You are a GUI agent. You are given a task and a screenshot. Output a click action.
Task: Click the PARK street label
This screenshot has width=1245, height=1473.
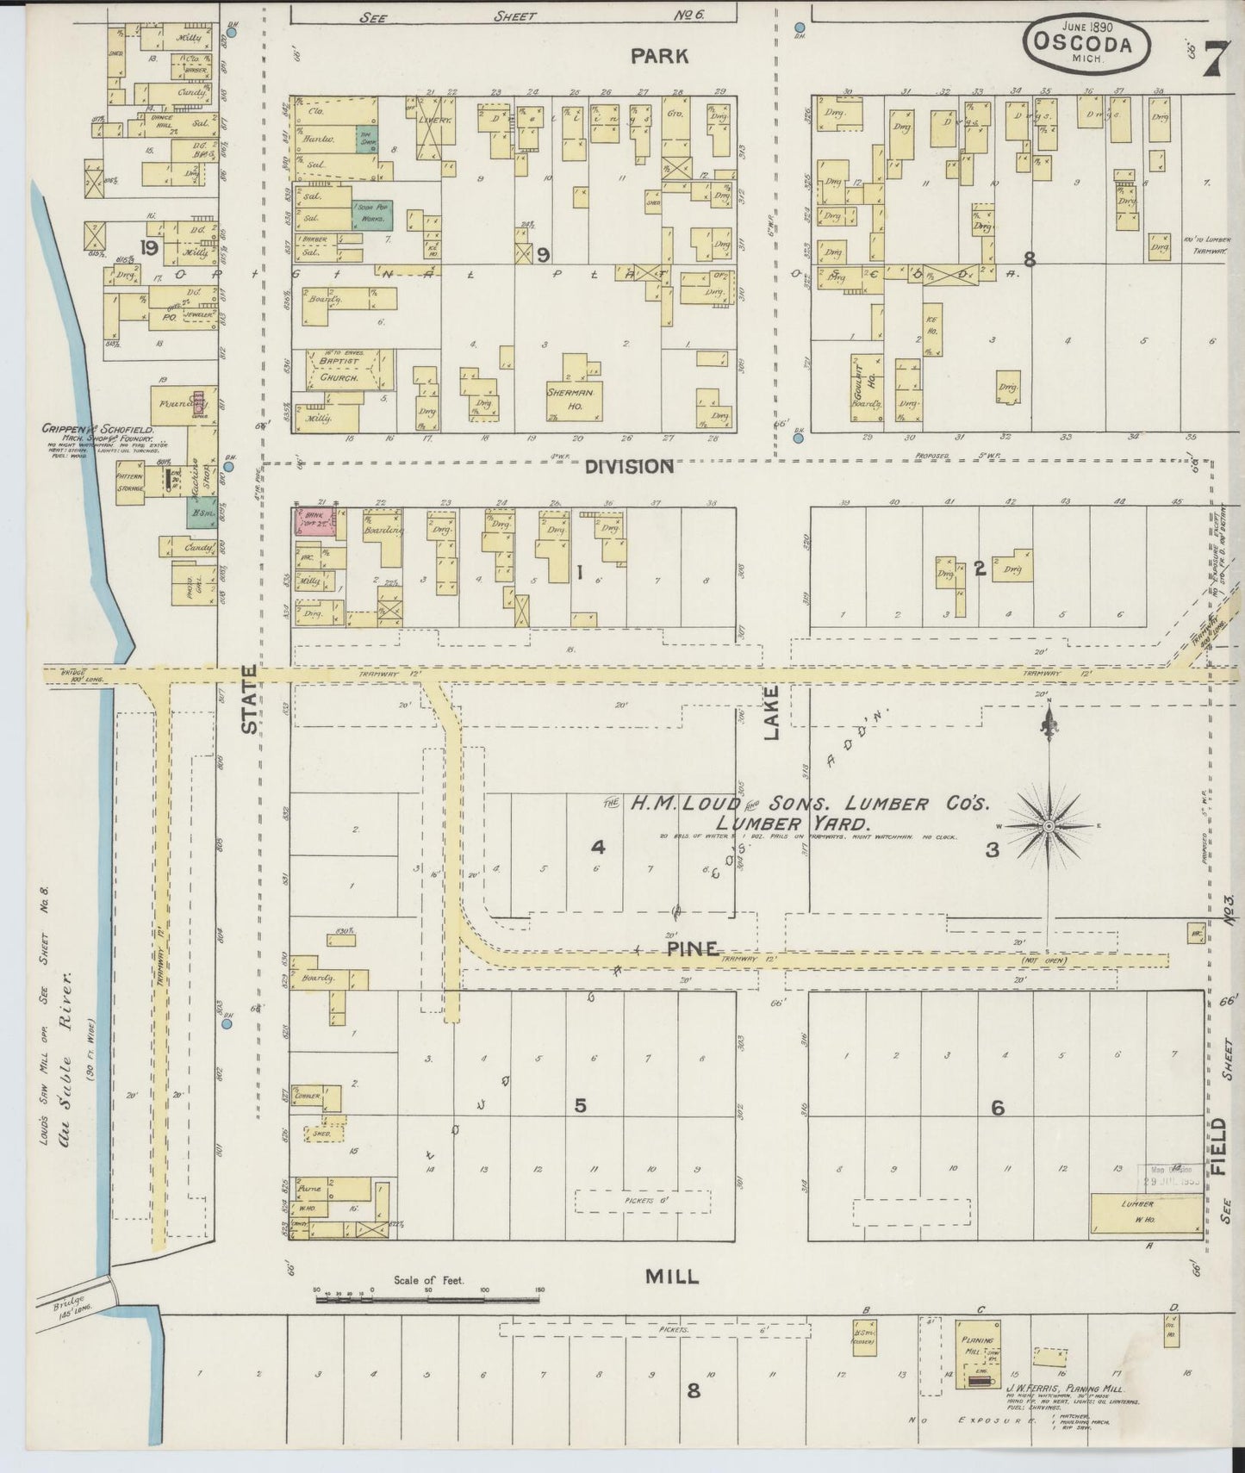[x=659, y=56]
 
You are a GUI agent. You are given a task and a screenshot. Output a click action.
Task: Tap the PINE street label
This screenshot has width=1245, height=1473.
[x=693, y=948]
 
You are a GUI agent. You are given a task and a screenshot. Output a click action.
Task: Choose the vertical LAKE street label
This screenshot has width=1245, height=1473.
[x=771, y=712]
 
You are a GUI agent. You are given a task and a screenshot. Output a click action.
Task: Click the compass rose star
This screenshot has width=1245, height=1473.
[x=1049, y=826]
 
